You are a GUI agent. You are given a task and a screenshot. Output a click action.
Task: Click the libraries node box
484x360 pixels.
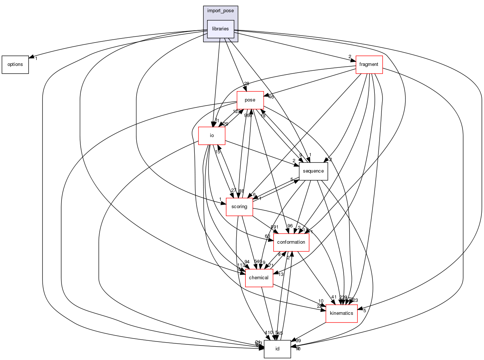(x=220, y=29)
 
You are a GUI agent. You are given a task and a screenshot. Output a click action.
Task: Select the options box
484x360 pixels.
(x=15, y=64)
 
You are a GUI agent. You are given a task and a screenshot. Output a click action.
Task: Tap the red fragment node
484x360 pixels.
(x=369, y=64)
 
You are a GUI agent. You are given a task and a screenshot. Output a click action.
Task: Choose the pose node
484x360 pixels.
(x=250, y=100)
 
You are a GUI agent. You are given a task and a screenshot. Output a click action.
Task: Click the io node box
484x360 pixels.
(x=212, y=136)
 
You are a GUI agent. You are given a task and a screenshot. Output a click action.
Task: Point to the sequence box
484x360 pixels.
(x=313, y=171)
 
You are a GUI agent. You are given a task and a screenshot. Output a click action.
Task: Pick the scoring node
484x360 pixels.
(x=239, y=207)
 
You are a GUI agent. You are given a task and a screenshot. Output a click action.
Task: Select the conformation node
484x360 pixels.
(x=291, y=242)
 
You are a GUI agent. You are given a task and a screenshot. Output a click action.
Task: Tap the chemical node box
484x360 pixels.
(x=259, y=278)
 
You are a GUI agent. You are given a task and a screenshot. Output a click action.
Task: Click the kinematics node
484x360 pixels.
(x=341, y=313)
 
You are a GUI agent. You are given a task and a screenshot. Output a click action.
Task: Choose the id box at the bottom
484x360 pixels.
(x=277, y=349)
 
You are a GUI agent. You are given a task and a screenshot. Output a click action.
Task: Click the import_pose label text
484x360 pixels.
(x=220, y=11)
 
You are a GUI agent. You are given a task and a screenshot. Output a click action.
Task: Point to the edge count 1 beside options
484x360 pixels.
(x=36, y=59)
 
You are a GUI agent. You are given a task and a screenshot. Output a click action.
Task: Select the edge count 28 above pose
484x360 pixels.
(x=246, y=84)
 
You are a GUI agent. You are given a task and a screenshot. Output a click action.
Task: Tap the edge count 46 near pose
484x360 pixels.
(x=271, y=97)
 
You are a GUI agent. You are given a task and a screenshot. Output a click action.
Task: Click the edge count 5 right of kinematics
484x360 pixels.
(x=365, y=311)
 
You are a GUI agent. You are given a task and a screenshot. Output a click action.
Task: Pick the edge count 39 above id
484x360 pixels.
(x=298, y=341)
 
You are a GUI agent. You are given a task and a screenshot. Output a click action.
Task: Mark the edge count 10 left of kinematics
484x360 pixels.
(x=321, y=301)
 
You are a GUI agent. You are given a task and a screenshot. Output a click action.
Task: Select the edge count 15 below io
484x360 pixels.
(x=218, y=152)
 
